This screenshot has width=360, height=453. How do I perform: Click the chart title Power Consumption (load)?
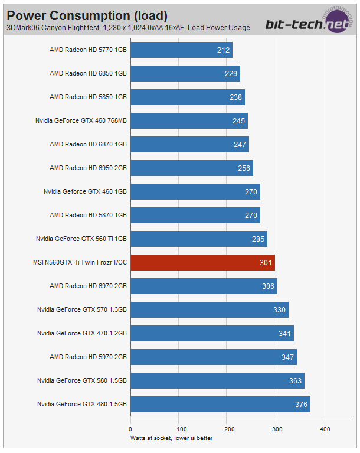[87, 15]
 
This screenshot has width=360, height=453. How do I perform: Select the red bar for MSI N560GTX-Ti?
[202, 262]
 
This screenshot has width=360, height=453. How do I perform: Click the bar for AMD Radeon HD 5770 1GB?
[181, 50]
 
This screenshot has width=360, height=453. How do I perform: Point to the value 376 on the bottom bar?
[301, 404]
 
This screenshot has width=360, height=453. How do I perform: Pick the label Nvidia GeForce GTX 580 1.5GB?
[82, 380]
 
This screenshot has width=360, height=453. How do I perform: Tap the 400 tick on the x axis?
[325, 429]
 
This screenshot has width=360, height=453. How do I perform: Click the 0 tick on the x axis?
[130, 429]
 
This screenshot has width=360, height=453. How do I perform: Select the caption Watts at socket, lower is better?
[171, 438]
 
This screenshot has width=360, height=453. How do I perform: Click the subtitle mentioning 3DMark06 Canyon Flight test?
[128, 27]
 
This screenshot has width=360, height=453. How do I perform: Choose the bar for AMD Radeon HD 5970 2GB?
[214, 357]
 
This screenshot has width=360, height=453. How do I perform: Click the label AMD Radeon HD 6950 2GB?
[88, 168]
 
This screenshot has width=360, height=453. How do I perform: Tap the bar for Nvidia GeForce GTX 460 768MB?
[189, 120]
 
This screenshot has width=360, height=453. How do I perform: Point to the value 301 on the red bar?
[266, 262]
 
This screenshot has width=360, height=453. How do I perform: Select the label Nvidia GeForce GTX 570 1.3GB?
[82, 309]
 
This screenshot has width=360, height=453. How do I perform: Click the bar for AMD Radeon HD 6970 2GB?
[204, 286]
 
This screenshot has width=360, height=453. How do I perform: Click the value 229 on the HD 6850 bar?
[231, 74]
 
